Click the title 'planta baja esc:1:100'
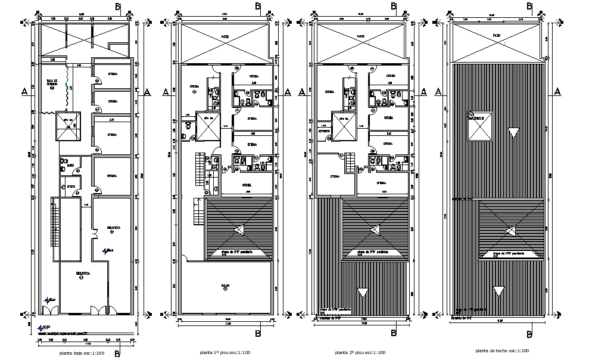[x=82, y=354]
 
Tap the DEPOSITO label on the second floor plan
[x=325, y=131]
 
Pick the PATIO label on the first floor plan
[x=226, y=37]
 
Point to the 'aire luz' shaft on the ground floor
[x=68, y=126]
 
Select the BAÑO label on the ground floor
[x=70, y=166]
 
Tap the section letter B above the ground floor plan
[x=118, y=7]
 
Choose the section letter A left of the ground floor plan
[x=24, y=91]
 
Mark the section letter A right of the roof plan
[x=557, y=91]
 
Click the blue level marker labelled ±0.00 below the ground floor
[x=41, y=327]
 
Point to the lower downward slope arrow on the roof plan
[x=498, y=291]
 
